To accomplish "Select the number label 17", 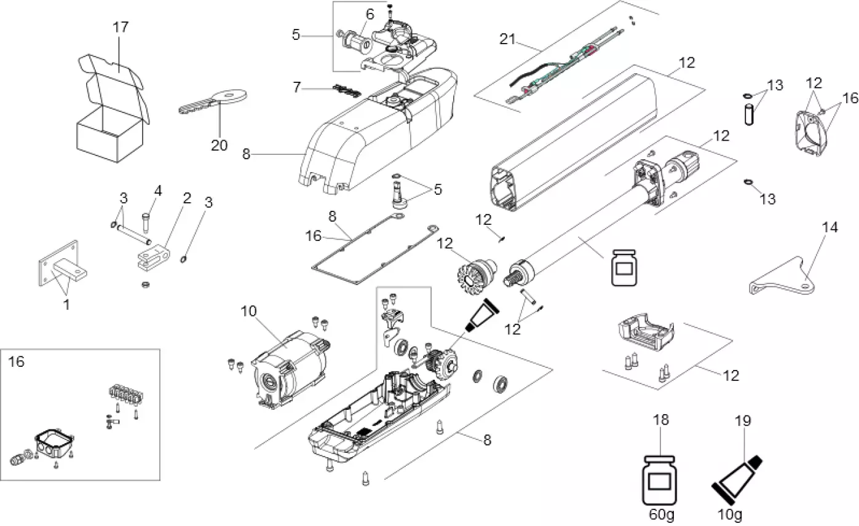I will pos(121,28).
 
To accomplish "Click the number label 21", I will pos(507,40).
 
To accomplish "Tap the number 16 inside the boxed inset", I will pos(17,362).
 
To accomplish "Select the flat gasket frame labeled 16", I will pos(369,252).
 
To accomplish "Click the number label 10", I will pos(248,311).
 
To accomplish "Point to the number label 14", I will pos(829,227).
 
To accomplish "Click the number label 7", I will pos(297,88).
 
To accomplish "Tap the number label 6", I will pos(369,14).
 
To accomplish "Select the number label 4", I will pos(158,191).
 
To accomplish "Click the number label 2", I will pos(187,198).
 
